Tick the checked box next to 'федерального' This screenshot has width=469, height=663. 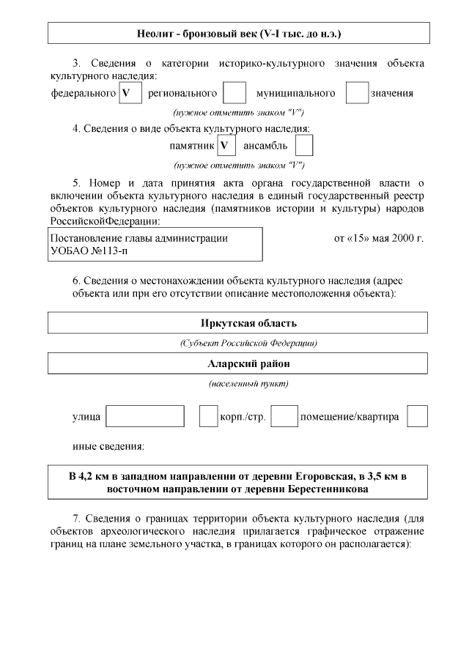(x=130, y=93)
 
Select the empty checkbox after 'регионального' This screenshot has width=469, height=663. (x=234, y=93)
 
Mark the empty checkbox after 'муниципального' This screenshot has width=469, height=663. (x=357, y=93)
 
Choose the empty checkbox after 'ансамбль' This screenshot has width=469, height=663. (x=304, y=145)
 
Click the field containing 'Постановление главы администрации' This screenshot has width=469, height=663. (x=155, y=244)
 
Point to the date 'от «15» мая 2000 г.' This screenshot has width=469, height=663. (x=378, y=238)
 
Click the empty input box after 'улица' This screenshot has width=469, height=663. (x=145, y=416)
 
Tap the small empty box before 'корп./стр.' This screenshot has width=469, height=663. (x=208, y=416)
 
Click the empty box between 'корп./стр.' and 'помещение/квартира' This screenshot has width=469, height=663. (x=284, y=416)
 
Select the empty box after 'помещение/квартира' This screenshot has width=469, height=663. (x=417, y=416)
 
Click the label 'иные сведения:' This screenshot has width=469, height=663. (x=108, y=445)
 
